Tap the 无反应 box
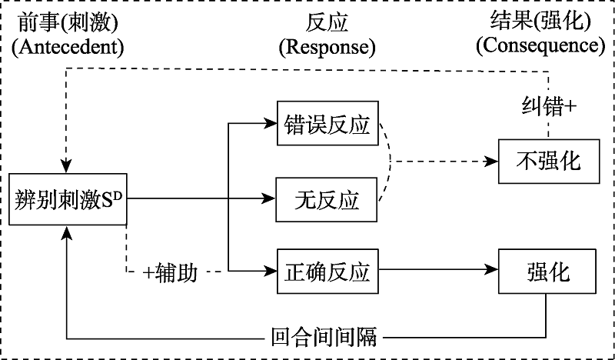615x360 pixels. coord(327,200)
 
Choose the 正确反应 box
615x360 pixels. coord(327,272)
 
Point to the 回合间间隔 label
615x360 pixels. coord(327,337)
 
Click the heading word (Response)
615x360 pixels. coord(327,48)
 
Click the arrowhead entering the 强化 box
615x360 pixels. coord(494,271)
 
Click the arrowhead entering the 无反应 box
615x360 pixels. coord(271,200)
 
